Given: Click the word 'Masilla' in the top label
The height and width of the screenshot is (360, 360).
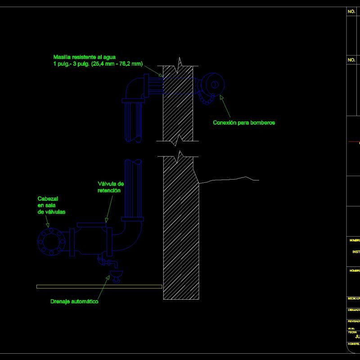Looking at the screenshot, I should click(63, 57).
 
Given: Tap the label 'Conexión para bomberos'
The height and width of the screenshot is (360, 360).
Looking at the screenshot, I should click(243, 122).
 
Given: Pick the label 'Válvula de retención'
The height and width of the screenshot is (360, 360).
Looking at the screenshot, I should click(111, 187).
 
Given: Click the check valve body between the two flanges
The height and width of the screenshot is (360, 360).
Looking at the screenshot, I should click(90, 242).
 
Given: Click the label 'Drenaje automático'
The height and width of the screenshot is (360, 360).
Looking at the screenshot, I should click(74, 301).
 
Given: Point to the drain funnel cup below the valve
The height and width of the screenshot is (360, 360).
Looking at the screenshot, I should click(117, 276).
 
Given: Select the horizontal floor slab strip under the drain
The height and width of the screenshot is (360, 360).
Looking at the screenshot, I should click(99, 286).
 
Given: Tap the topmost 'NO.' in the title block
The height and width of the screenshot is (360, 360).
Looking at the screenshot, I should click(351, 12).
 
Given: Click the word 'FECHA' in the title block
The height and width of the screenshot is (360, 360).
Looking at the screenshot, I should click(352, 332).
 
